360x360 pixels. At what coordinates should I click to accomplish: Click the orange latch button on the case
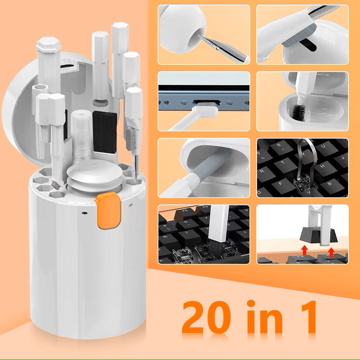(109, 211)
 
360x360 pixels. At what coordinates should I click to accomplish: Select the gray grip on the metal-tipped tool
(131, 138)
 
